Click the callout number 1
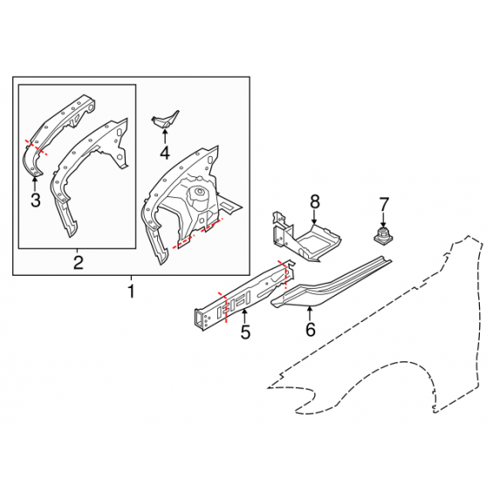pyautogui.click(x=131, y=291)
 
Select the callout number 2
pyautogui.click(x=78, y=263)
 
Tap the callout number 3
pyautogui.click(x=36, y=200)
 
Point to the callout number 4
pyautogui.click(x=165, y=153)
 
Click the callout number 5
pyautogui.click(x=245, y=332)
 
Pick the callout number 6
pyautogui.click(x=311, y=330)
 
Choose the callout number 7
pyautogui.click(x=384, y=204)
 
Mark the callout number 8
pyautogui.click(x=315, y=202)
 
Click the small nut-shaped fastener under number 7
pyautogui.click(x=383, y=236)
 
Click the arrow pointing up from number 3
pyautogui.click(x=35, y=184)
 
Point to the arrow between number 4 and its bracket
pyautogui.click(x=165, y=136)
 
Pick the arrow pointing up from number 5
pyautogui.click(x=244, y=316)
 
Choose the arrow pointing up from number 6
pyautogui.click(x=310, y=313)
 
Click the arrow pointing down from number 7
pyautogui.click(x=383, y=220)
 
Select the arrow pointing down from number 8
pyautogui.click(x=314, y=217)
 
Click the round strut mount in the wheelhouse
pyautogui.click(x=198, y=193)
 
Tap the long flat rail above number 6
pyautogui.click(x=332, y=283)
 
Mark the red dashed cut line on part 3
pyautogui.click(x=37, y=147)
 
